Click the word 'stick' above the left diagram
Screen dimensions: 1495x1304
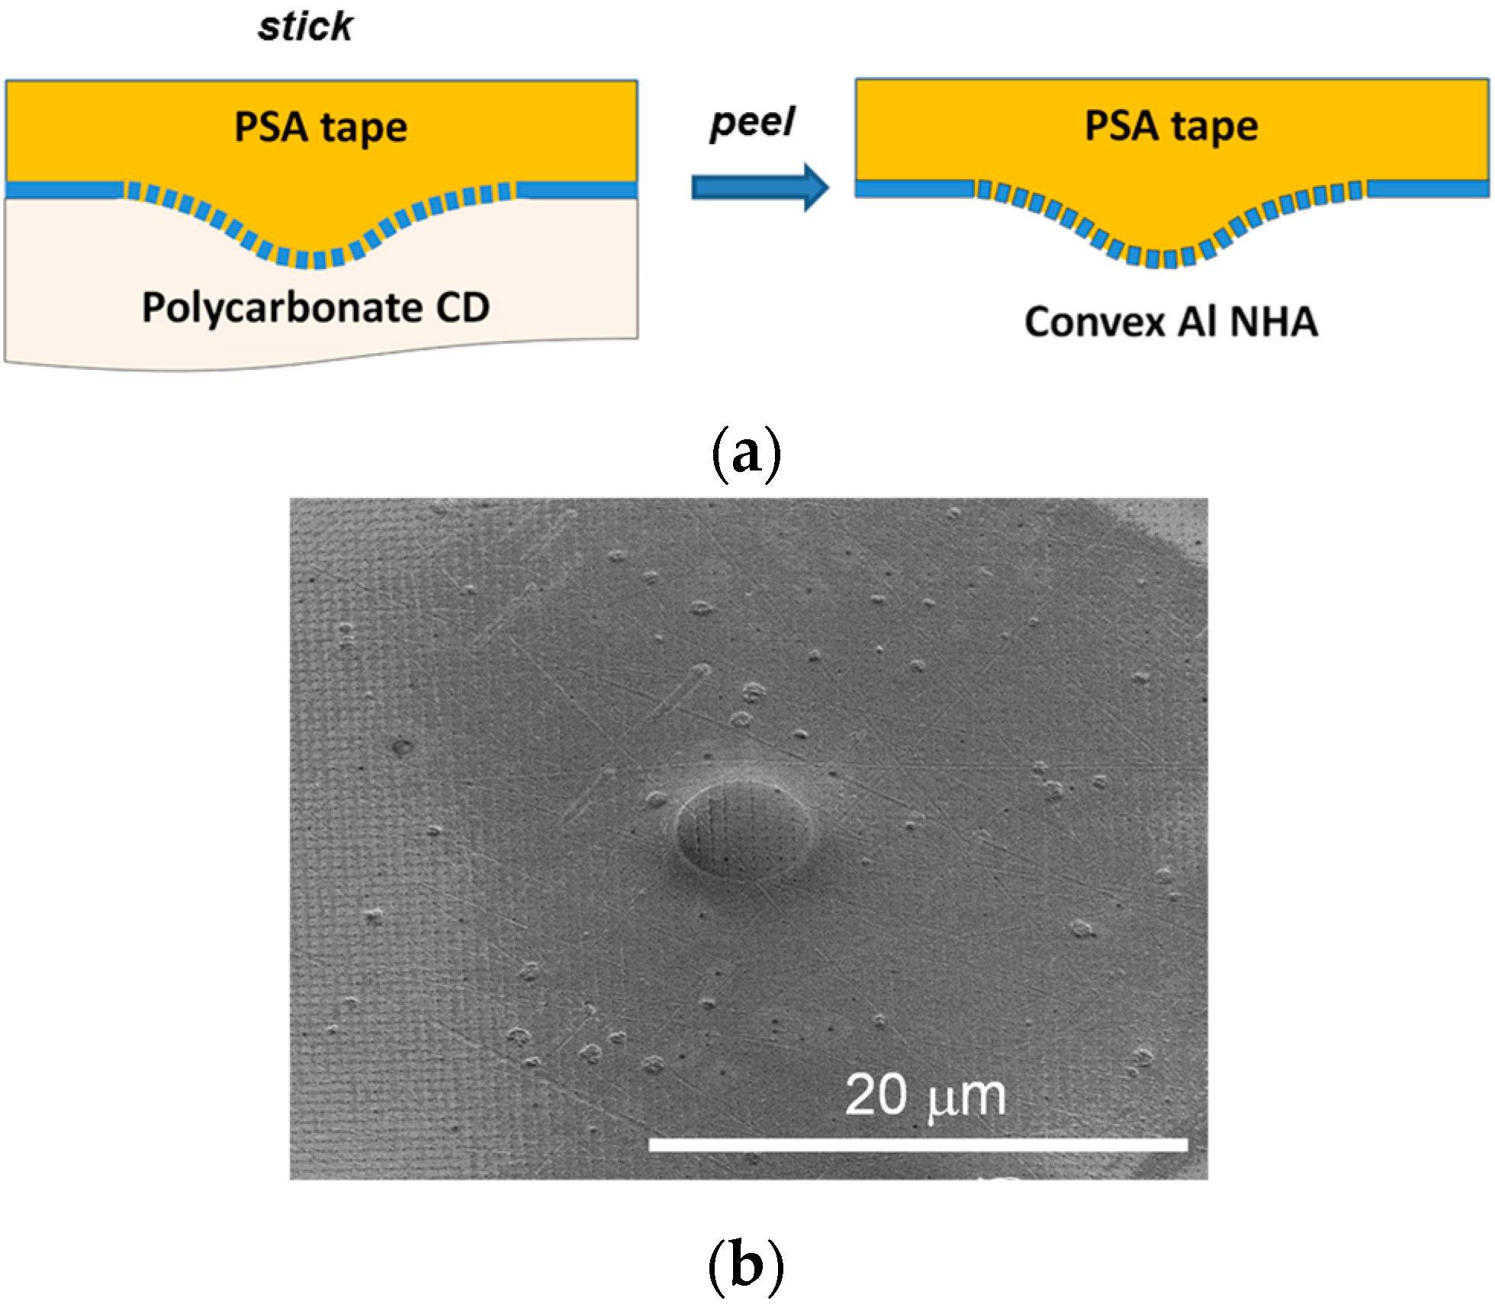tap(305, 27)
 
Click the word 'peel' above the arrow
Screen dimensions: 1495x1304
tap(752, 123)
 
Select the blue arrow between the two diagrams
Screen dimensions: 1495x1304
tap(760, 187)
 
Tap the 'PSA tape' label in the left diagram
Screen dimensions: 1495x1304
tap(320, 127)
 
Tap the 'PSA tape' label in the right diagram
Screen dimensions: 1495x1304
tap(1172, 127)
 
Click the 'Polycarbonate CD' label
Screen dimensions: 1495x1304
tap(316, 308)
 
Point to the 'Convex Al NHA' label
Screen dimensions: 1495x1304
tap(1171, 322)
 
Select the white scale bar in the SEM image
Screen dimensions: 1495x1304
tap(918, 1144)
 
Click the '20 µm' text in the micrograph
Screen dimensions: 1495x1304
tap(925, 1096)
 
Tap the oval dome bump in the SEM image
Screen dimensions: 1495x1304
tap(744, 831)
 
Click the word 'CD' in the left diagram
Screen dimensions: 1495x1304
tap(463, 308)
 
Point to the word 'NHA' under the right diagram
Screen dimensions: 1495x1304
tap(1274, 322)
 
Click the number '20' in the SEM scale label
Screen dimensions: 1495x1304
tap(876, 1096)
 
